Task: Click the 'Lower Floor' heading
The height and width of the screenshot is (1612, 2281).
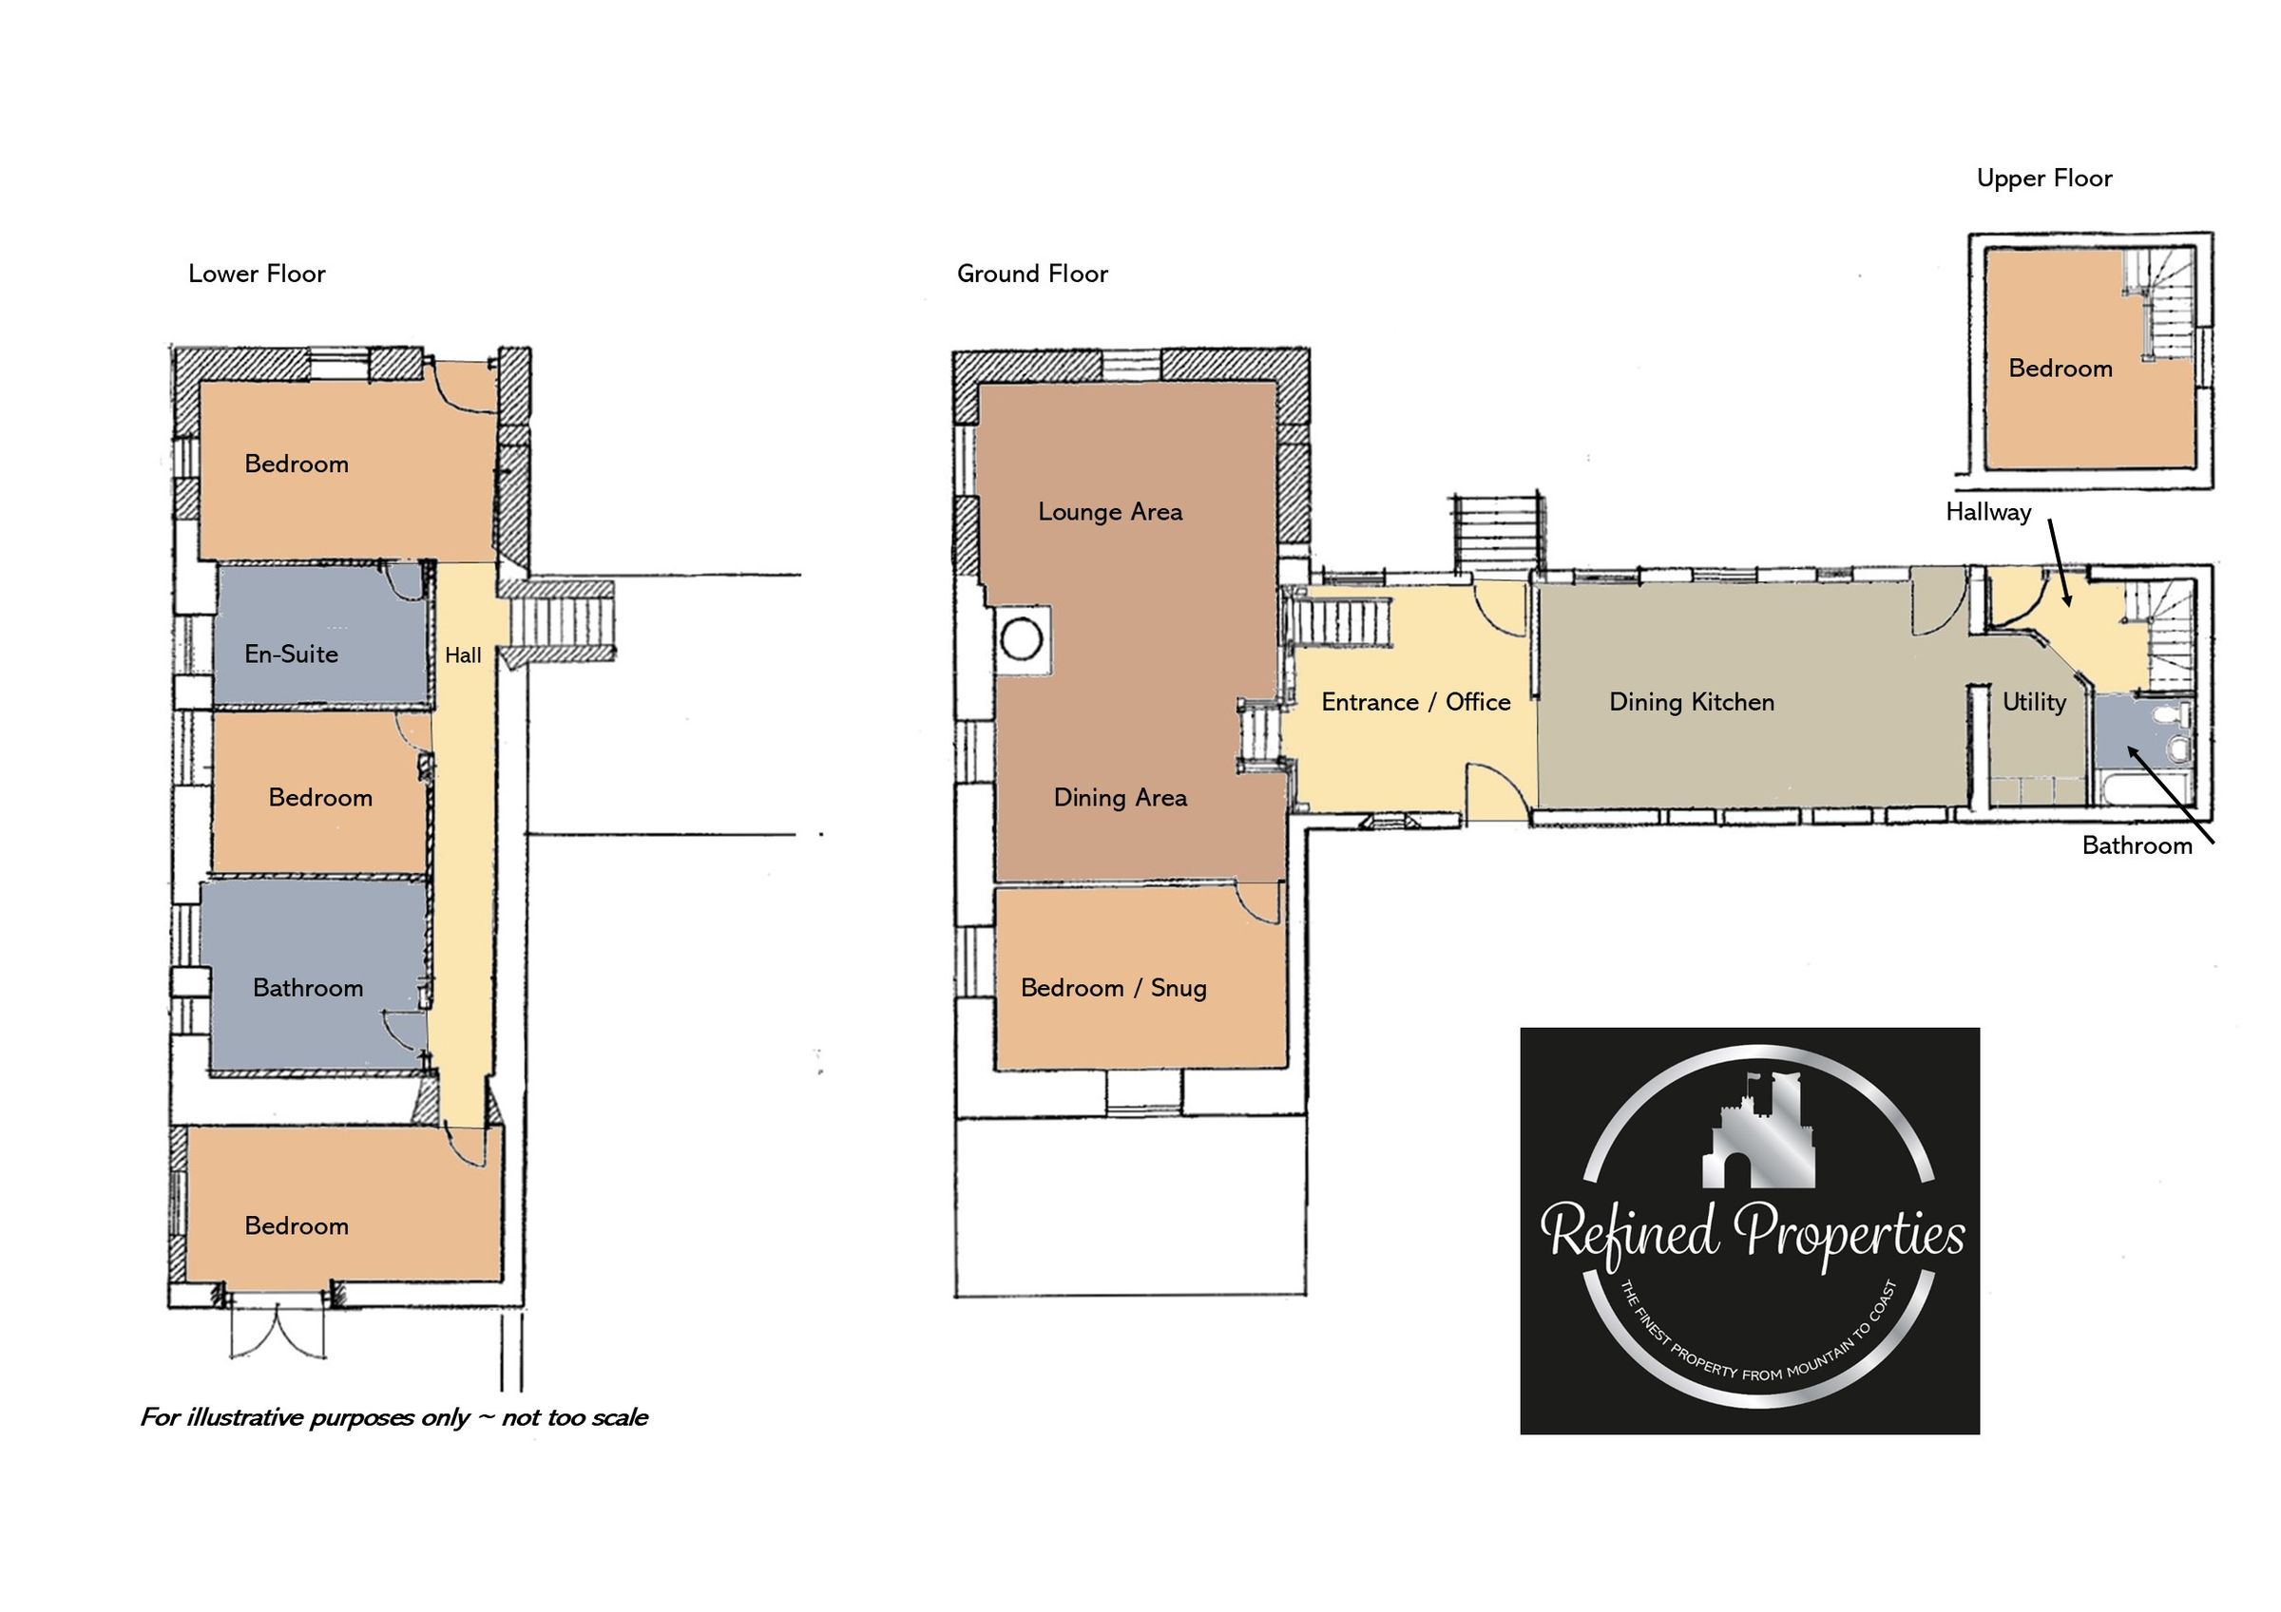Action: coord(257,275)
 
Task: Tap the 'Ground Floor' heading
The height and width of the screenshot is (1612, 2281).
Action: coord(1032,275)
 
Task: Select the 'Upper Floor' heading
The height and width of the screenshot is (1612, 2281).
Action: coord(2043,179)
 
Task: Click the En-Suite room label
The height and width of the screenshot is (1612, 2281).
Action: coord(291,654)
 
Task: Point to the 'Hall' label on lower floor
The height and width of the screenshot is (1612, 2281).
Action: coord(463,655)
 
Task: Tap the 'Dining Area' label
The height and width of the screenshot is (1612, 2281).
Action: coord(1120,798)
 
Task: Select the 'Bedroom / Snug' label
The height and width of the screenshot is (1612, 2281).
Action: coord(1113,987)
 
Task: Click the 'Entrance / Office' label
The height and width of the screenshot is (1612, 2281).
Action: coord(1415,702)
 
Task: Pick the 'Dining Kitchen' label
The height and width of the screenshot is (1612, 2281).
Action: coord(1691,702)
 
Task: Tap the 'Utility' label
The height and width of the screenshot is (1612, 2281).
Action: coord(2034,702)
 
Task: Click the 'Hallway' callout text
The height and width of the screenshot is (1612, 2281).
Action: coord(1988,513)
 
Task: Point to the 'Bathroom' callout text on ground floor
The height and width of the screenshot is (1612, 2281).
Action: coord(2137,845)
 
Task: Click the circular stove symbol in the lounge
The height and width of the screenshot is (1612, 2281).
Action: coord(1022,637)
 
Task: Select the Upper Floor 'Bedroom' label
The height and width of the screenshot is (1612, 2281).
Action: coord(2060,369)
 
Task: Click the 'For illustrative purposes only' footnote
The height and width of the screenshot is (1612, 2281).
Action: coord(393,1417)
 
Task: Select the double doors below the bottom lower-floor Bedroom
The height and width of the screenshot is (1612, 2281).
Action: coord(278,1331)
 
